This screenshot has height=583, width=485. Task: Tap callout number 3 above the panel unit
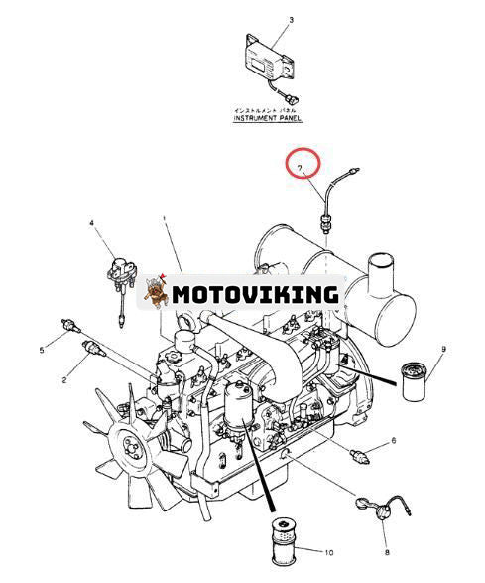pos(292,20)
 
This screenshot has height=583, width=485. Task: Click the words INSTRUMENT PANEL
pos(268,118)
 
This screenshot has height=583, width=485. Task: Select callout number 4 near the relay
pos(91,223)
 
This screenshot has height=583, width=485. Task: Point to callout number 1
pos(164,218)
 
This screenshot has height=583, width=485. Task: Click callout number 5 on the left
pos(42,350)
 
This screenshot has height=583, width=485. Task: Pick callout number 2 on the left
pos(64,380)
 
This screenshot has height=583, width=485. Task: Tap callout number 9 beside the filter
pos(443,349)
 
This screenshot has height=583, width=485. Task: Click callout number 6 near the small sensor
pos(394,441)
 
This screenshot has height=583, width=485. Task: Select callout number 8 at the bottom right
pos(387,553)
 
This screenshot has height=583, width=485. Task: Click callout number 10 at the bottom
pos(329,553)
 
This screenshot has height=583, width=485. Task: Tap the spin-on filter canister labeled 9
pos(415,381)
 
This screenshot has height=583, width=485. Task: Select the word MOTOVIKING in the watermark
pos(256,295)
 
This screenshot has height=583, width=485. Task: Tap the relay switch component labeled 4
pos(121,276)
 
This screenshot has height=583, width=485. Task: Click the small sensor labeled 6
pos(360,456)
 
